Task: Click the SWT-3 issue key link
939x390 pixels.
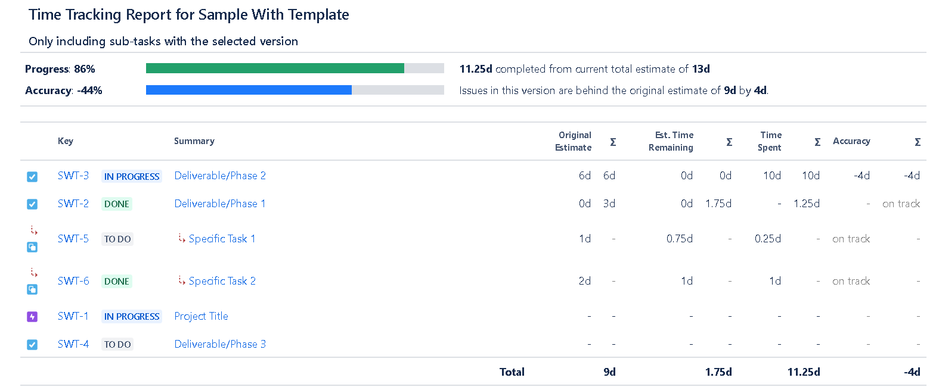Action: coord(73,176)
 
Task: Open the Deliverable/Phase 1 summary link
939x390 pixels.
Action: coord(219,204)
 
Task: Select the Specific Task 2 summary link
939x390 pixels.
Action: coord(222,281)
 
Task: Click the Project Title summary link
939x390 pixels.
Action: coord(201,316)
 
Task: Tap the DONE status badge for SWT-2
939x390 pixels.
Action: coord(116,204)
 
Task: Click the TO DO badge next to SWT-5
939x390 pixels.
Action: coord(117,239)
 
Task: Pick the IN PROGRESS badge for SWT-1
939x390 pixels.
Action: coord(132,317)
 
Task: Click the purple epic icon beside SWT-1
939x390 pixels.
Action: coord(32,317)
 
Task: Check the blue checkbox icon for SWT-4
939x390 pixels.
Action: coord(32,345)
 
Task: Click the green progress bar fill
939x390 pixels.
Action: coord(274,68)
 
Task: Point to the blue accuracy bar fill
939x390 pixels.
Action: coord(248,90)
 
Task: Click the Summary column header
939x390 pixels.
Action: coord(194,141)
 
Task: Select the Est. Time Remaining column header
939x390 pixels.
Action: coord(671,141)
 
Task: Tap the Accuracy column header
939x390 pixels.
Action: coord(851,141)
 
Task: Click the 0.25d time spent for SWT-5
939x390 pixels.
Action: coord(767,239)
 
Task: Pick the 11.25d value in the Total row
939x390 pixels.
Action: coord(803,372)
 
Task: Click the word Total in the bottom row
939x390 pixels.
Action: coord(512,372)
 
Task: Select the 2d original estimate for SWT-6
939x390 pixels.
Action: coord(584,281)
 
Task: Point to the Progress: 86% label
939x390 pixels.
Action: coord(60,69)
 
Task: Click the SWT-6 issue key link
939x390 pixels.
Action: coord(73,281)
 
